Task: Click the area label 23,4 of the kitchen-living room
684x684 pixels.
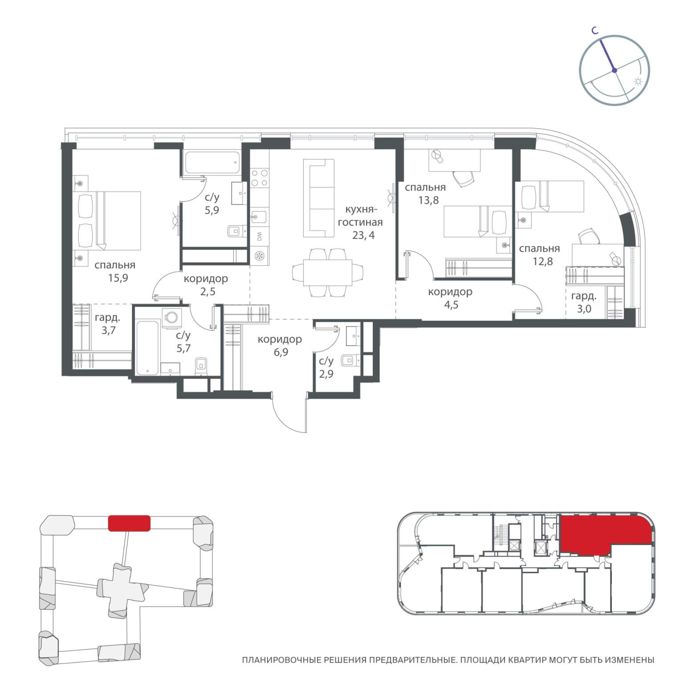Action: [363, 235]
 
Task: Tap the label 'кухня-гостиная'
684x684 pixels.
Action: [360, 216]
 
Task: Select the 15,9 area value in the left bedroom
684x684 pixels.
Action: [115, 278]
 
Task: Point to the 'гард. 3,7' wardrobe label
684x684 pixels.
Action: [107, 324]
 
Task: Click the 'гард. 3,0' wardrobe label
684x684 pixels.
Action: [584, 302]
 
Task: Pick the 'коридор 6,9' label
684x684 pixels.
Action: [280, 346]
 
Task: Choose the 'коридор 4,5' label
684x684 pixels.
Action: [450, 298]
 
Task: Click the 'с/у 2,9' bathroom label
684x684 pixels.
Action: [326, 367]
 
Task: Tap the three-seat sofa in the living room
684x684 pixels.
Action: [319, 199]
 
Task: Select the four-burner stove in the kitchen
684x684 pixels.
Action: [259, 178]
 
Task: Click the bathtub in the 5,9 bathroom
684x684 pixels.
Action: [212, 163]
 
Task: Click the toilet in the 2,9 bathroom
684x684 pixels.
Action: [350, 359]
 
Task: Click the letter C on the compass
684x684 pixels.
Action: [594, 30]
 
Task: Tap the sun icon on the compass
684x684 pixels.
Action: [639, 81]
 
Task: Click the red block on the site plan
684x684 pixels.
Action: [129, 523]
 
